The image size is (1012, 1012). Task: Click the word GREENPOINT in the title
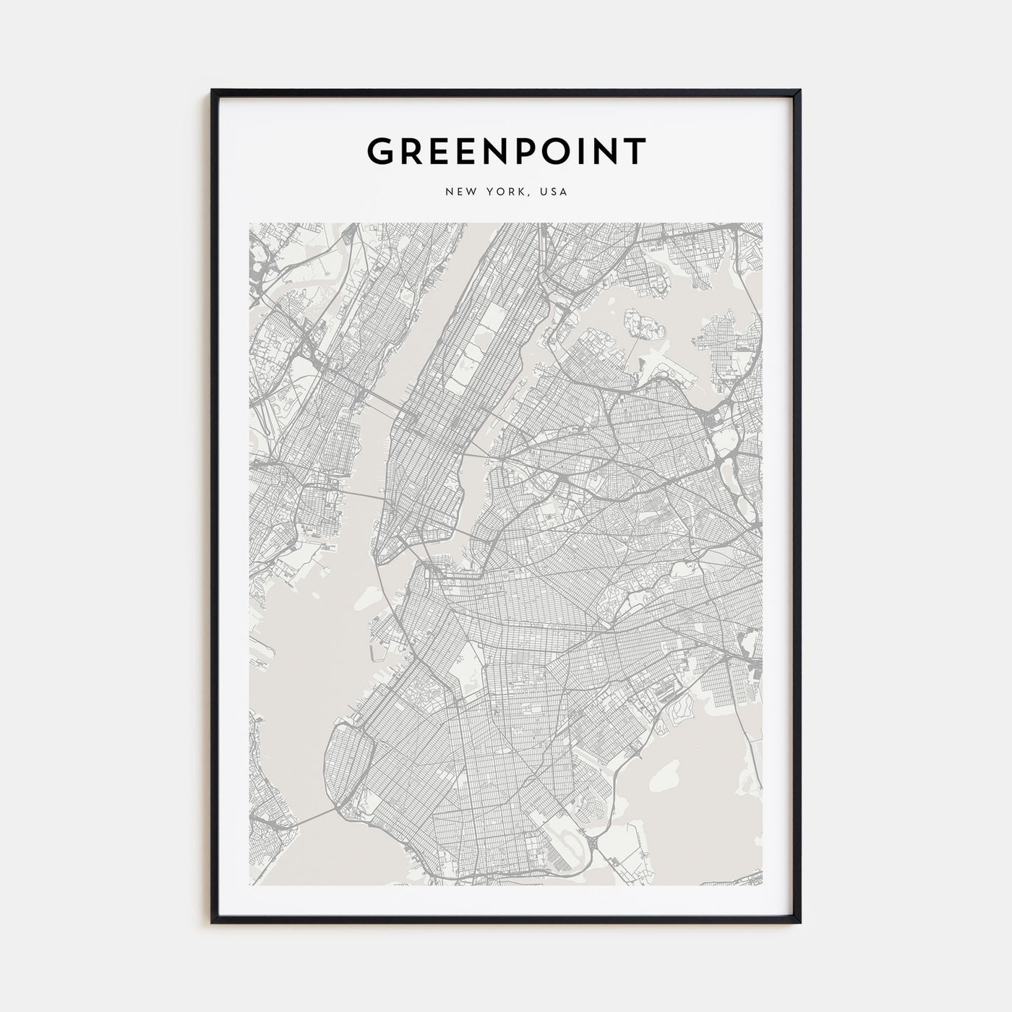point(506,152)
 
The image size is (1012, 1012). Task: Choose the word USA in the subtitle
point(555,192)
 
